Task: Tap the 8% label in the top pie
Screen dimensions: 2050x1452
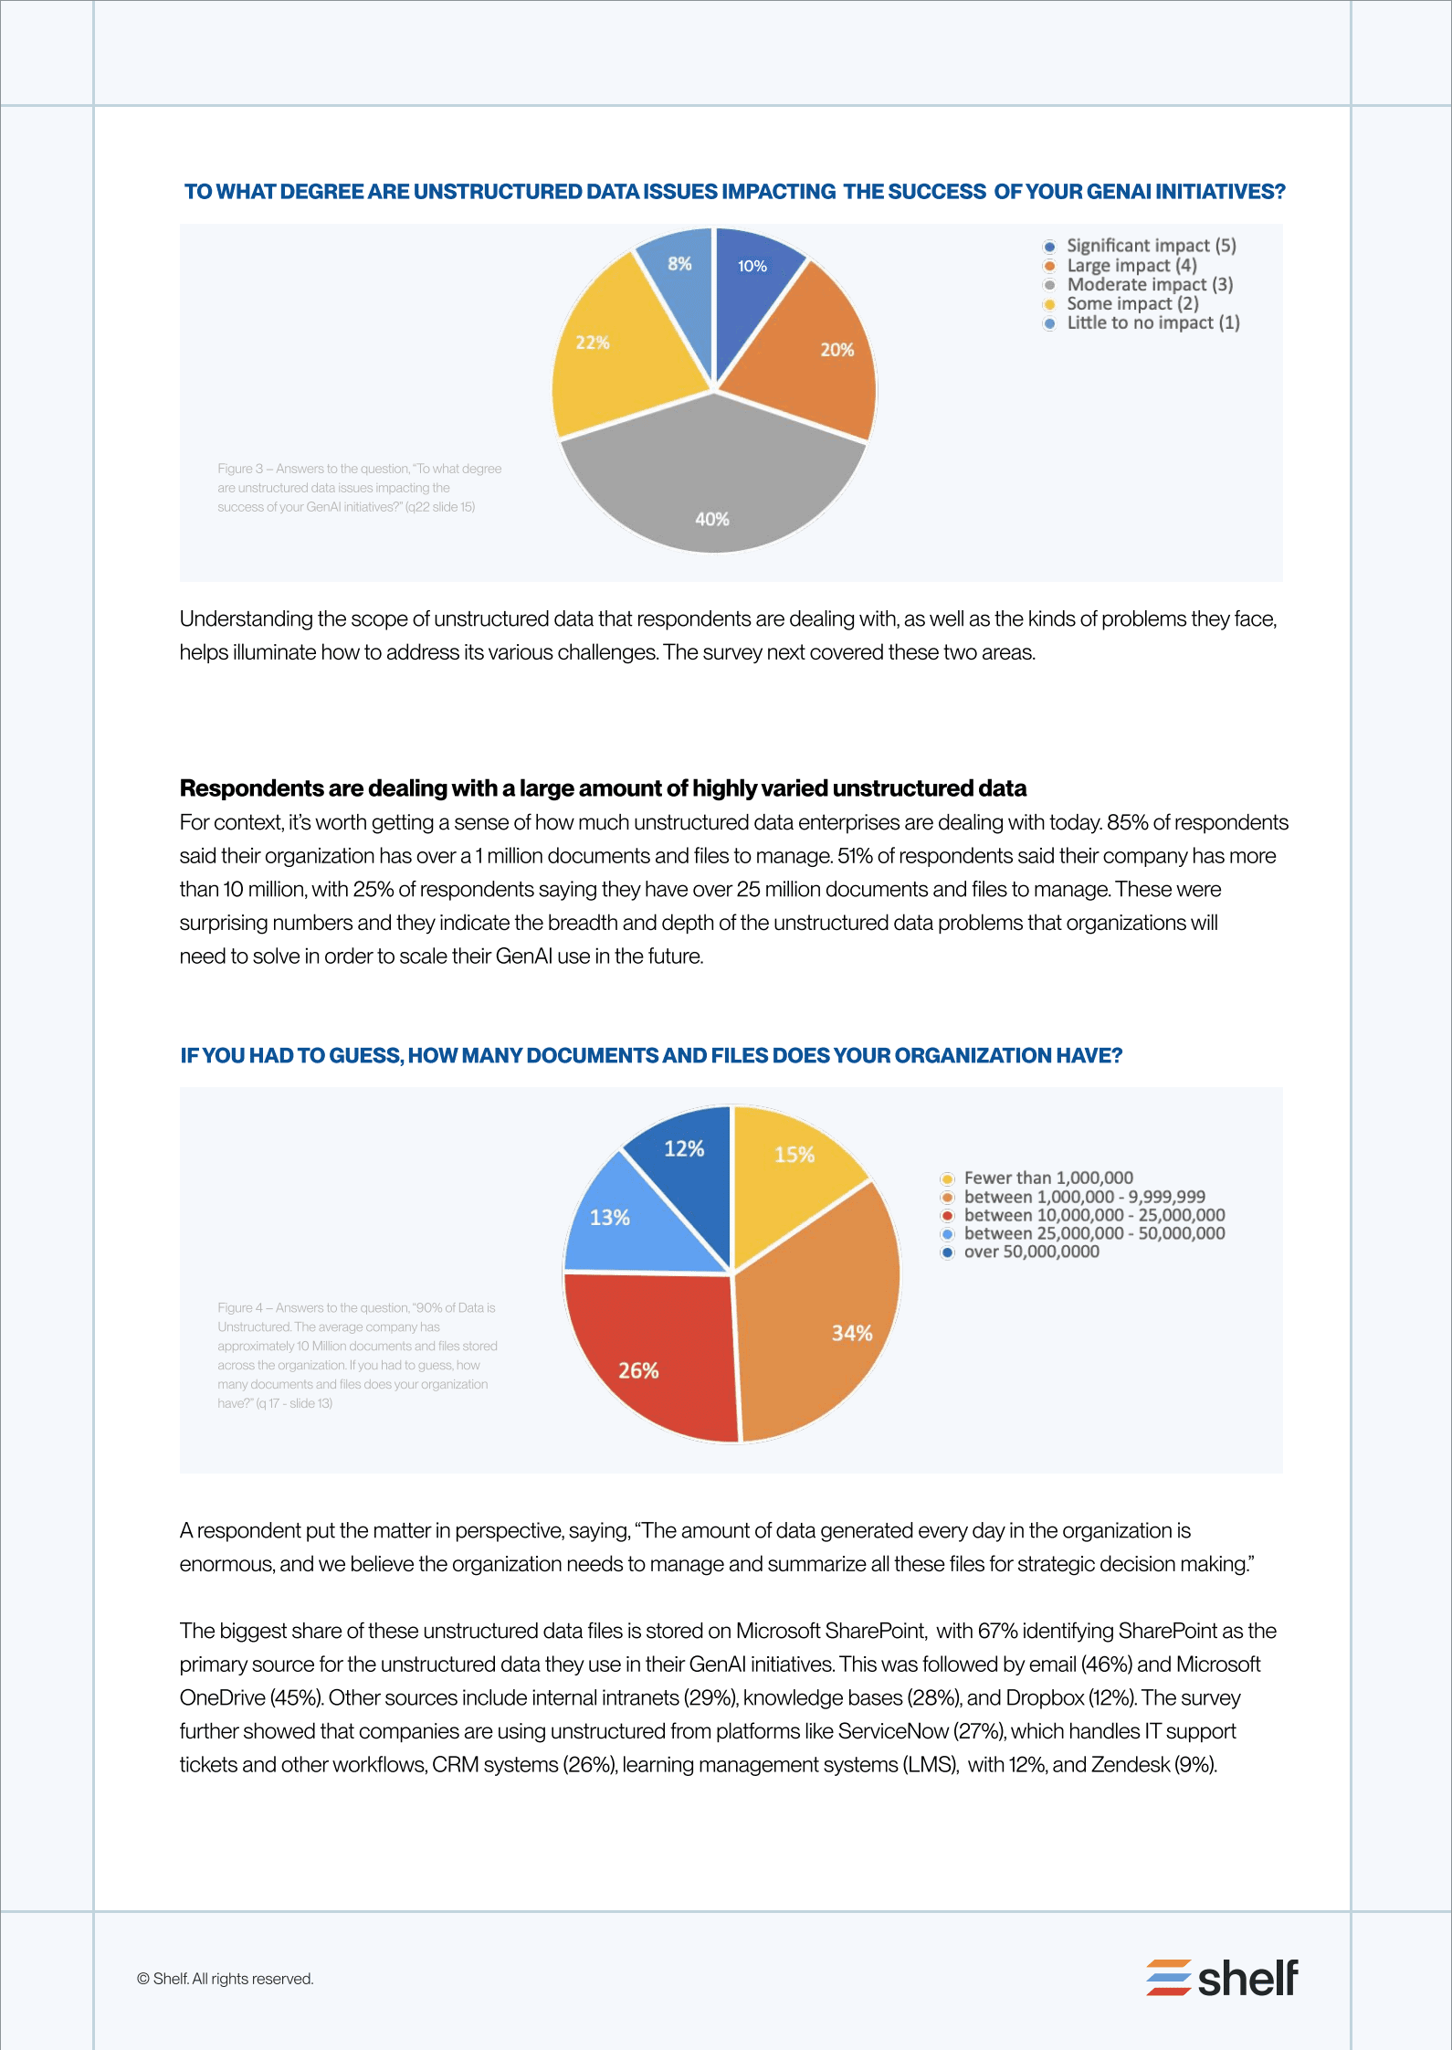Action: point(679,264)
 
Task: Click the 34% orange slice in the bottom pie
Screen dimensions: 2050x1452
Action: point(822,1325)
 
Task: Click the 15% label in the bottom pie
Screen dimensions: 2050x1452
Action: point(794,1155)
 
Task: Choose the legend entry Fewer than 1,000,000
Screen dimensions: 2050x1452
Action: point(1047,1178)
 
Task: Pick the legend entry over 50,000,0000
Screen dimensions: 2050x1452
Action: point(1031,1252)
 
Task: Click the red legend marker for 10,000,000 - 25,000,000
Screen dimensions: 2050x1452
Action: point(948,1216)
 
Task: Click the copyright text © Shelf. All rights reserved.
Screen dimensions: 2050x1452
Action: point(225,1979)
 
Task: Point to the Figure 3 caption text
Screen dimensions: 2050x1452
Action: point(359,488)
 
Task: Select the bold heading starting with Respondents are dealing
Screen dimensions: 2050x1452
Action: point(603,788)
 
